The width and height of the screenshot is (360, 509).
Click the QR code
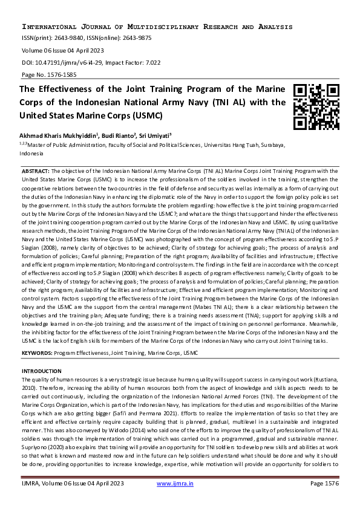point(316,106)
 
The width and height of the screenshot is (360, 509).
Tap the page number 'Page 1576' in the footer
point(324,484)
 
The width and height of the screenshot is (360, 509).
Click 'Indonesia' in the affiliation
point(32,154)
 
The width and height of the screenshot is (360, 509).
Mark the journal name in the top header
point(157,27)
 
